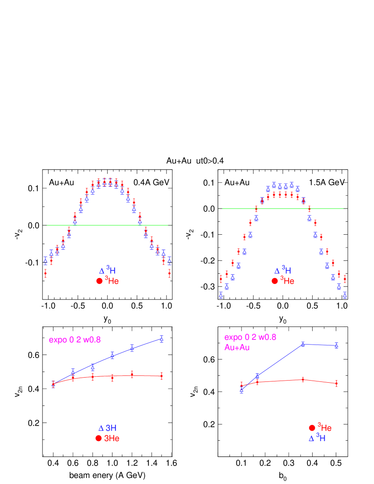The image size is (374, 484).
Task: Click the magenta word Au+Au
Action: (x=237, y=347)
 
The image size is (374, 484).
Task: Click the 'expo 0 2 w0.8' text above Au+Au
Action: (x=250, y=337)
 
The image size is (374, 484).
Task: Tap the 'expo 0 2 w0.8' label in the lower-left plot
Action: (x=75, y=340)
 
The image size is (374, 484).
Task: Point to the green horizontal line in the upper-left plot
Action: (x=107, y=225)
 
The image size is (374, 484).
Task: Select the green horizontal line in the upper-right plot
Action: (x=283, y=209)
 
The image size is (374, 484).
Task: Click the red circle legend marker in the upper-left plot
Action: (x=100, y=281)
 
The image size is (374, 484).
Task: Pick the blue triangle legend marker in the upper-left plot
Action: (x=102, y=271)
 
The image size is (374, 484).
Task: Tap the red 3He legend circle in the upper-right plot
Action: (x=274, y=281)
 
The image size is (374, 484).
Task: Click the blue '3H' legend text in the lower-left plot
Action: (x=111, y=428)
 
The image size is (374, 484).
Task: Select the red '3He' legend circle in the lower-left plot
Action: (x=99, y=438)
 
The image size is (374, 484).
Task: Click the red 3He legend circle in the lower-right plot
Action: (x=312, y=428)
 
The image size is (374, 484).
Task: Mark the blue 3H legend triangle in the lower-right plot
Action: (x=311, y=438)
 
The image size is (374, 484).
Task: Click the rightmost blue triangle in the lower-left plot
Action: (x=161, y=338)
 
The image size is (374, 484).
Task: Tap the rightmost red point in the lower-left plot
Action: (x=161, y=376)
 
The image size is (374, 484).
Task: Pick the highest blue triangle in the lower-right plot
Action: (x=303, y=344)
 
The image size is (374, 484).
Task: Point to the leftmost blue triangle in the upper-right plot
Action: (x=221, y=295)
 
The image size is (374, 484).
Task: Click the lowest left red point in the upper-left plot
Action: (x=45, y=272)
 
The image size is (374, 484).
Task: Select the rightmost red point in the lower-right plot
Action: (x=336, y=383)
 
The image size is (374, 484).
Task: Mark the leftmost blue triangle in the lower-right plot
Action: (x=241, y=390)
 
